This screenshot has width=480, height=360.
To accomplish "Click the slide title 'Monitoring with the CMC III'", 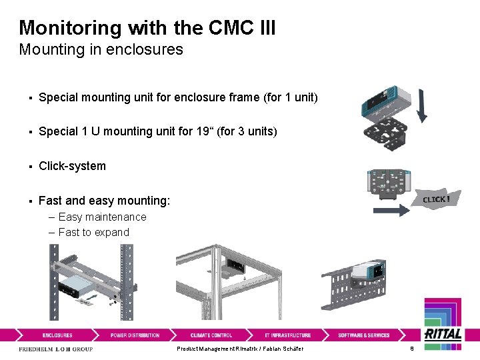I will [x=147, y=27].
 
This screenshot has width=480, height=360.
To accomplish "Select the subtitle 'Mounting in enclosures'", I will [x=101, y=49].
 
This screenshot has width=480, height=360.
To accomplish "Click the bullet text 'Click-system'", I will [x=72, y=166].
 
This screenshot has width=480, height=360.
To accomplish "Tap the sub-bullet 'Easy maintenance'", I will [x=102, y=217].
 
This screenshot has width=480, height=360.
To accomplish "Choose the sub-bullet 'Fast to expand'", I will [x=93, y=232].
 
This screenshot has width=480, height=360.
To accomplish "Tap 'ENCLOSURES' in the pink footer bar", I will [x=57, y=335].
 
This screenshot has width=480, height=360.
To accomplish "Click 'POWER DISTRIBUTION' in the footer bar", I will [x=135, y=335].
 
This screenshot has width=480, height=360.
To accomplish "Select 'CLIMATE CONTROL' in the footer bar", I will [x=211, y=335].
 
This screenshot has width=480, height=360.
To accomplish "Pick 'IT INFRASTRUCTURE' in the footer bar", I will [x=287, y=335].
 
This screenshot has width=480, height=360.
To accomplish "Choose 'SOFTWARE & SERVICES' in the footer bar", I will [x=363, y=335].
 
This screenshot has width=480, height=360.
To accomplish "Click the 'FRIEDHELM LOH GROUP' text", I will [x=56, y=349].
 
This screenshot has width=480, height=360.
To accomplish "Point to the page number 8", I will [x=412, y=349].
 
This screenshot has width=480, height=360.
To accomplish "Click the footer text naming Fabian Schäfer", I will [x=240, y=349].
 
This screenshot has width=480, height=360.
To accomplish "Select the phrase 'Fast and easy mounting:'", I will [x=105, y=201].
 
